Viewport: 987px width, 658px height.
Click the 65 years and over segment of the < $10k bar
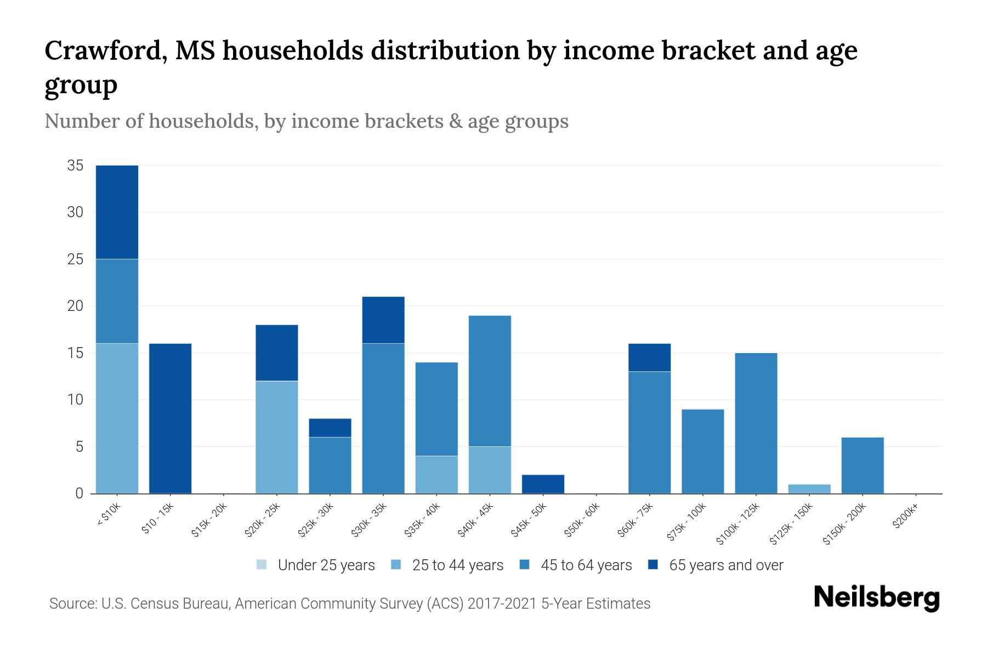point(117,212)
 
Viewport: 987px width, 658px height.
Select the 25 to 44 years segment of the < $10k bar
point(117,418)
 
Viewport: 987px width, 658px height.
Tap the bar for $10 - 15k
point(170,418)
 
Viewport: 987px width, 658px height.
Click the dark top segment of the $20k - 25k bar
point(277,353)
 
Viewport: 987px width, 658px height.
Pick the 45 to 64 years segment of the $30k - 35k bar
point(383,418)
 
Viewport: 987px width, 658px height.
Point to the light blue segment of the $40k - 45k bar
point(490,470)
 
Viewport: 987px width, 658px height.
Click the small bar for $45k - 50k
point(543,484)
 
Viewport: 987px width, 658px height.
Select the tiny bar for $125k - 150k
point(809,489)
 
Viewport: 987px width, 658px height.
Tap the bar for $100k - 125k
point(756,423)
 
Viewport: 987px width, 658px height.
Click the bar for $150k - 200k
point(863,465)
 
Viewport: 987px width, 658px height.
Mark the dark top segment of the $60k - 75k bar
point(649,358)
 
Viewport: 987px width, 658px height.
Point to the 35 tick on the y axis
point(75,166)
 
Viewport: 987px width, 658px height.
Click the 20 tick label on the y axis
point(75,306)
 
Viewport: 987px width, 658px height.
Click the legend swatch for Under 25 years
point(262,565)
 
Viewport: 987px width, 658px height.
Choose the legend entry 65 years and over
point(726,565)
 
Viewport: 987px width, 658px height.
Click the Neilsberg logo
point(876,598)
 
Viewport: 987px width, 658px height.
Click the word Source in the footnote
point(71,604)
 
